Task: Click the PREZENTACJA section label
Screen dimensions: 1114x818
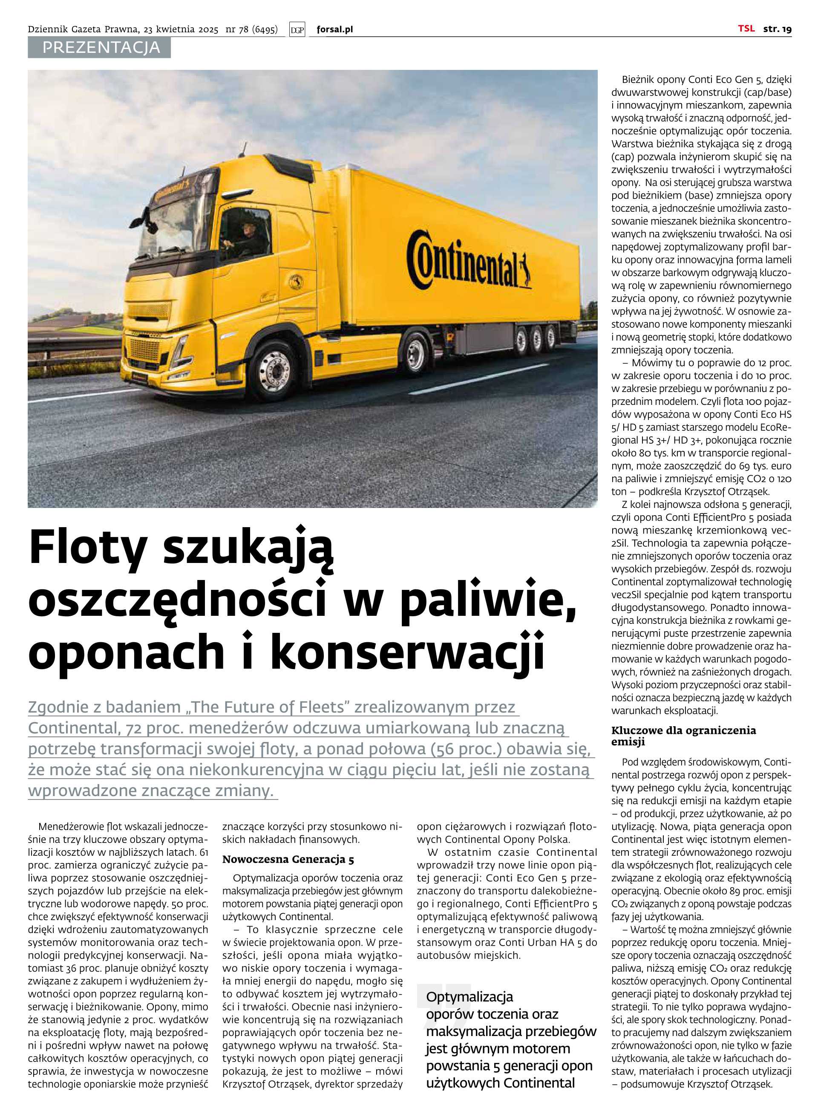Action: [x=101, y=48]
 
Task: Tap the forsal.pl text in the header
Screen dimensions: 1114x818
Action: [x=335, y=30]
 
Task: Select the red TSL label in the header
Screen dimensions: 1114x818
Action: [x=746, y=29]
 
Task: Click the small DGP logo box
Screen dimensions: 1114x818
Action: [x=297, y=30]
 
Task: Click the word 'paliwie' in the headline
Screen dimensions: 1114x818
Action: [x=488, y=600]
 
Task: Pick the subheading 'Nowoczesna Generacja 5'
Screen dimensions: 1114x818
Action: [x=288, y=860]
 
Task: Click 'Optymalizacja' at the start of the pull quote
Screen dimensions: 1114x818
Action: [x=469, y=997]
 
